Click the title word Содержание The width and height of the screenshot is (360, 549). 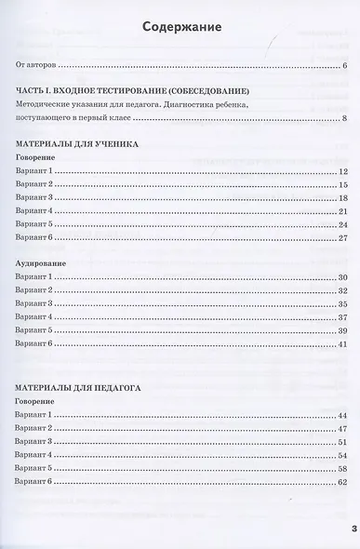181,27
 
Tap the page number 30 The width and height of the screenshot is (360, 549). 342,278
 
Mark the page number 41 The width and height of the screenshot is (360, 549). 342,345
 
